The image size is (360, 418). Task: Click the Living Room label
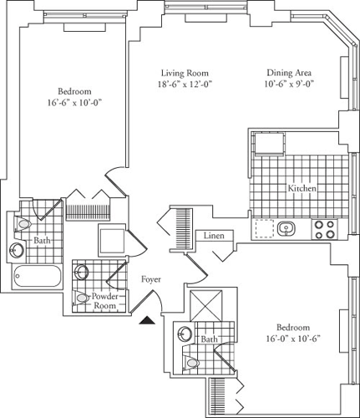point(185,74)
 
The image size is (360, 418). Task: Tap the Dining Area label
point(289,73)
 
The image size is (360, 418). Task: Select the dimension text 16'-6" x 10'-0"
point(74,103)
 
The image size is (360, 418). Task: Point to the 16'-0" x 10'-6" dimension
point(293,339)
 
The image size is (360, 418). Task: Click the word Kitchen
point(302,188)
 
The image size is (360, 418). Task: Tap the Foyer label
point(151,279)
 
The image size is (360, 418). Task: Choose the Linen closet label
point(214,236)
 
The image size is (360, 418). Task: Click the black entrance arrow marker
point(147,320)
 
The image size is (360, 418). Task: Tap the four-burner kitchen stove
point(324,229)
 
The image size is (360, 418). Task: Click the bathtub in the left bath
point(38,276)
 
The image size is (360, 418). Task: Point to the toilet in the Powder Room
point(80,298)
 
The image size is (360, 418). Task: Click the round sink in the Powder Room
point(81,272)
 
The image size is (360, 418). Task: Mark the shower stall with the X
point(206,306)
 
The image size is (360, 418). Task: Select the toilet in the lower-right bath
point(191,363)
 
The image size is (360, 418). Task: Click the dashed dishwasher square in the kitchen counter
point(264,228)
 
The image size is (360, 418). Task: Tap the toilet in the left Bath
point(23,224)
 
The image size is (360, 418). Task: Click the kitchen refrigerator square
point(270,145)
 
